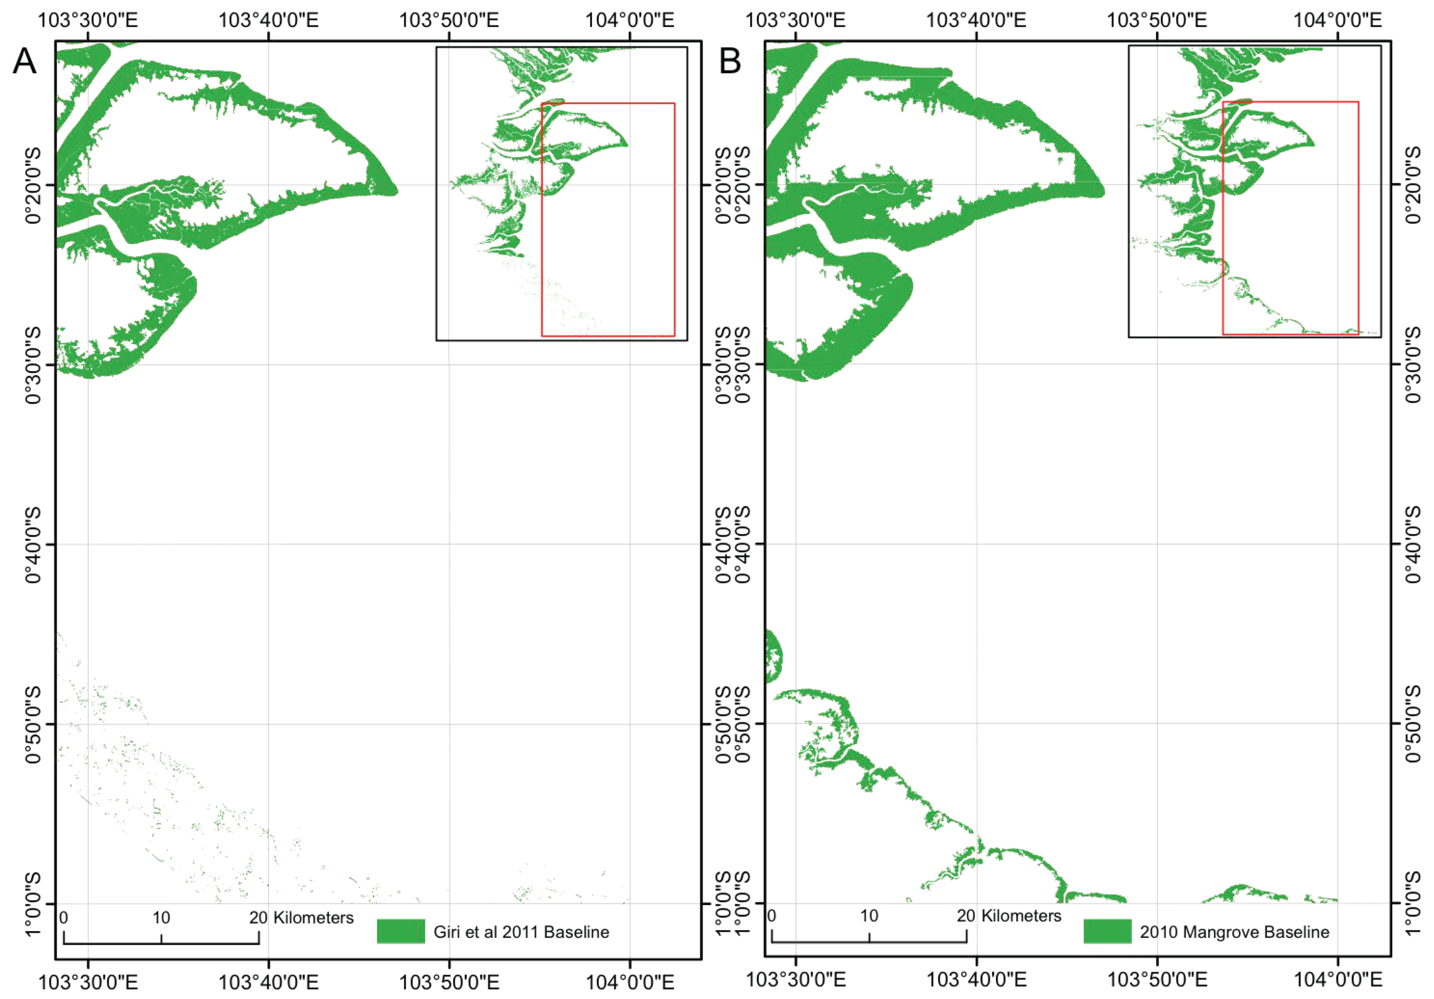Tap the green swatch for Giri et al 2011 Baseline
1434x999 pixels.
(x=401, y=932)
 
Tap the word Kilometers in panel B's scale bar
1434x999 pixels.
(x=1021, y=916)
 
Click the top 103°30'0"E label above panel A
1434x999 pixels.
(x=88, y=20)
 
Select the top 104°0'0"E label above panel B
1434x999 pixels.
(x=1337, y=20)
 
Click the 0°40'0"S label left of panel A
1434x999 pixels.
(x=33, y=544)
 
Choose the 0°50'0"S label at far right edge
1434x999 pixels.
(x=1414, y=724)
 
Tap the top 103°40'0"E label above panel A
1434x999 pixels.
(x=269, y=20)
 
